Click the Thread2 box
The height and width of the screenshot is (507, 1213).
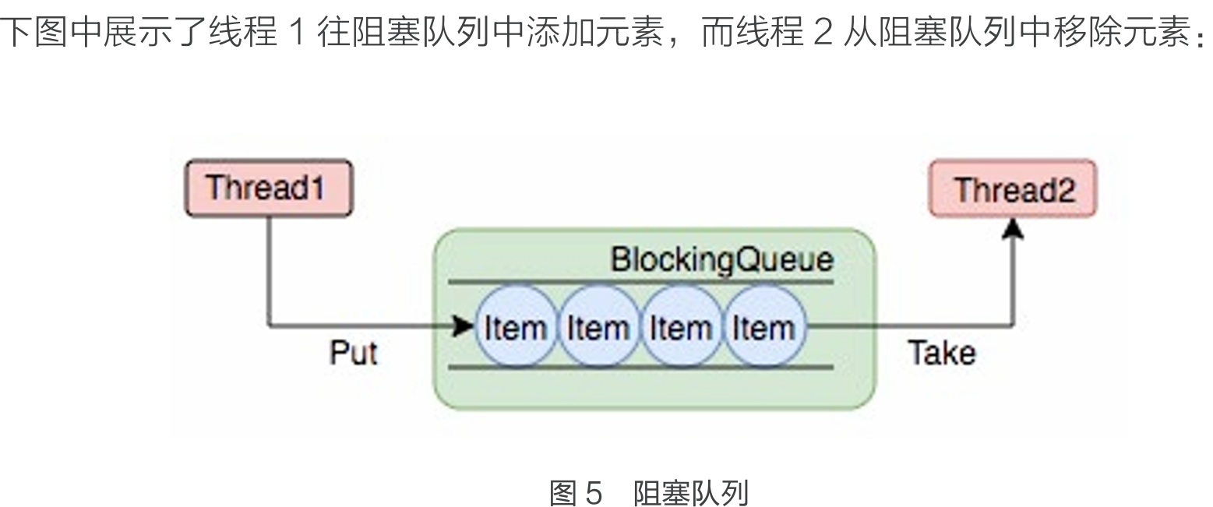(1013, 189)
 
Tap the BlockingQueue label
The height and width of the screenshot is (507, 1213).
(721, 259)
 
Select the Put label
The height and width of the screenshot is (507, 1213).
(353, 354)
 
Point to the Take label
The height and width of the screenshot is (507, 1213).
(941, 354)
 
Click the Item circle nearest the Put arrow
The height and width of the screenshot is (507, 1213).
(515, 326)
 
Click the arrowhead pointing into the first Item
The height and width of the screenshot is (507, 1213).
(465, 326)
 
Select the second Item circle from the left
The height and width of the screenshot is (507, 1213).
(598, 326)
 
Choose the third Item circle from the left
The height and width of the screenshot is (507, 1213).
(681, 326)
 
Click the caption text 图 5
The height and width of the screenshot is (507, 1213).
(577, 492)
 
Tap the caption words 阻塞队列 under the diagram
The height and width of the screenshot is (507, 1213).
(690, 492)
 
